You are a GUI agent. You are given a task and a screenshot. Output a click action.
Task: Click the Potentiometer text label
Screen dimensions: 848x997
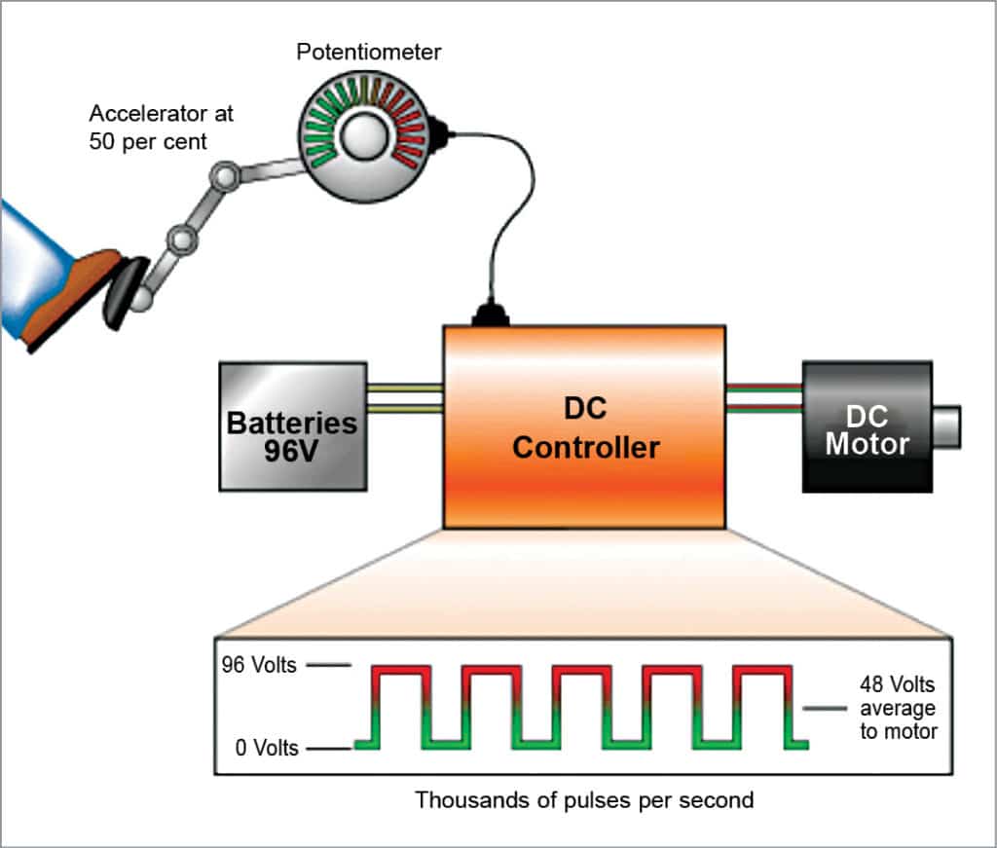pyautogui.click(x=369, y=52)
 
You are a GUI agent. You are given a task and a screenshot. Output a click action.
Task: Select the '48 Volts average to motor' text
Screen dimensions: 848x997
pyautogui.click(x=898, y=707)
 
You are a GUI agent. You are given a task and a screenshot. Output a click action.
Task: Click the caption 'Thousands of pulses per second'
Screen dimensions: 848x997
pyautogui.click(x=584, y=800)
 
